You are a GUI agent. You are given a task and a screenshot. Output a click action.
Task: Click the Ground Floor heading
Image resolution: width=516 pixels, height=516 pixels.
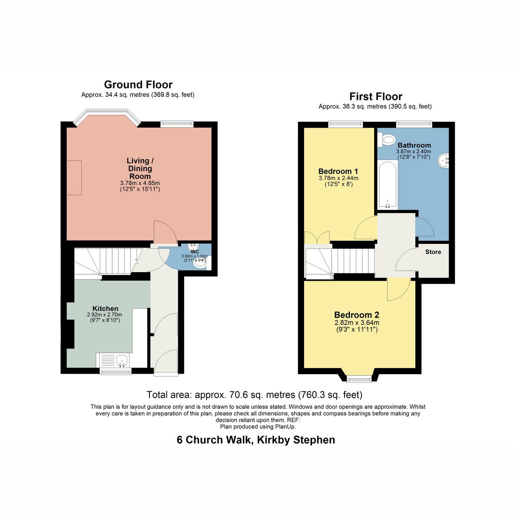pyautogui.click(x=138, y=85)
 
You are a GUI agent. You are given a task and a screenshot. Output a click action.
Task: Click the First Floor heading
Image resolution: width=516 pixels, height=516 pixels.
pyautogui.click(x=376, y=96)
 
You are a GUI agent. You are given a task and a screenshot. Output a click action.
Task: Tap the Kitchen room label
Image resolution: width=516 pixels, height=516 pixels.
pyautogui.click(x=105, y=308)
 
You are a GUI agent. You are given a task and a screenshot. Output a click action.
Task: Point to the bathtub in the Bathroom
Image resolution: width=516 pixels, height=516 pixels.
pyautogui.click(x=387, y=185)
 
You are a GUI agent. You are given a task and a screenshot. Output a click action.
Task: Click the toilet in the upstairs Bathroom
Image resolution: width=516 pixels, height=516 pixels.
pyautogui.click(x=387, y=140)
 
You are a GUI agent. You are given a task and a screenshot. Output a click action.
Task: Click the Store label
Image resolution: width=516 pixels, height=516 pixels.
pyautogui.click(x=433, y=252)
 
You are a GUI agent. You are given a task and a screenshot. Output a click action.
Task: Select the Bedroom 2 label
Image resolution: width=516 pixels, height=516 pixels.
pyautogui.click(x=356, y=315)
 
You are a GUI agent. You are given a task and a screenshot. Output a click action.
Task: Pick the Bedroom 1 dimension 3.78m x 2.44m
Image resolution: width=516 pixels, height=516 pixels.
pyautogui.click(x=338, y=178)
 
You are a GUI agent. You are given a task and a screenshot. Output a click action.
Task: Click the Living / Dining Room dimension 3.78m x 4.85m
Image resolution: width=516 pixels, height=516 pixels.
pyautogui.click(x=140, y=184)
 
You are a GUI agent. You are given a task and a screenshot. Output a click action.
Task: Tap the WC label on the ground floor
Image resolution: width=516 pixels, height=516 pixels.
pyautogui.click(x=195, y=252)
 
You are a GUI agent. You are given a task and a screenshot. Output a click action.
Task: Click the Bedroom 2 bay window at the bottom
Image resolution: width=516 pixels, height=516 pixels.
pyautogui.click(x=359, y=378)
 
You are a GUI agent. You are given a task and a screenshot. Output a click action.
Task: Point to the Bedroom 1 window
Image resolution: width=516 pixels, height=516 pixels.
pyautogui.click(x=345, y=123)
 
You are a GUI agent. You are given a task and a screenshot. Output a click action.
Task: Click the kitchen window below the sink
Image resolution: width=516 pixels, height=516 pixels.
pyautogui.click(x=115, y=371)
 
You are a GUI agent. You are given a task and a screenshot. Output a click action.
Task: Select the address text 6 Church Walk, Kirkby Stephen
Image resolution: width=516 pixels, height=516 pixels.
pyautogui.click(x=256, y=440)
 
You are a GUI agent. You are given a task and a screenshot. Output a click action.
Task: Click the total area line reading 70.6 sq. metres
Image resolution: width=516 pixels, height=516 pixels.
pyautogui.click(x=255, y=395)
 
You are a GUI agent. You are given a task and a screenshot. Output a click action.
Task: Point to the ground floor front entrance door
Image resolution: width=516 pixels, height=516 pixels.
pyautogui.click(x=166, y=362)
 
